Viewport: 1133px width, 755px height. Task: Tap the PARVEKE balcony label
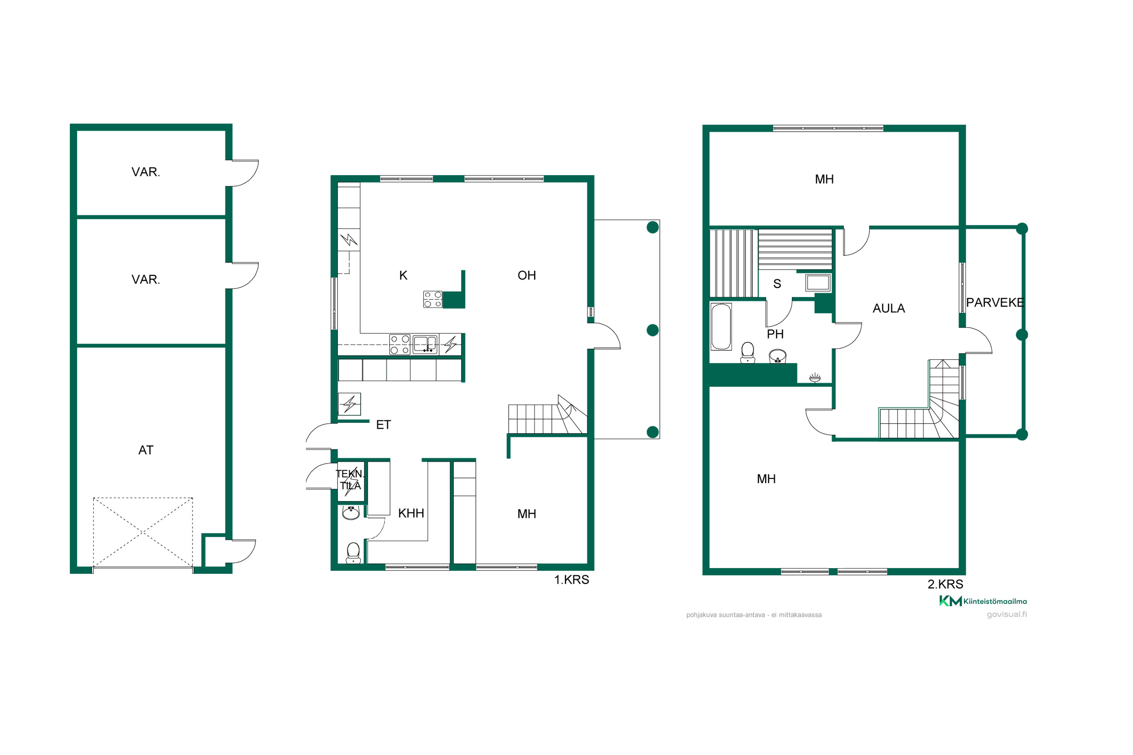click(995, 302)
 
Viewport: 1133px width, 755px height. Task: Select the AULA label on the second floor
click(889, 308)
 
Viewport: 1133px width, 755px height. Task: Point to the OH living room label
click(526, 276)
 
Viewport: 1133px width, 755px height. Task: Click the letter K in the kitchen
click(403, 276)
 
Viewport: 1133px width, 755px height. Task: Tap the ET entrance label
click(383, 425)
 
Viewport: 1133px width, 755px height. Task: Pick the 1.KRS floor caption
click(571, 580)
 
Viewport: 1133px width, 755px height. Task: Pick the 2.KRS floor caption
click(945, 584)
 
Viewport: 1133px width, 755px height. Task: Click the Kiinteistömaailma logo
click(983, 601)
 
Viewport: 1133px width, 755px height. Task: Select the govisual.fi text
click(1007, 615)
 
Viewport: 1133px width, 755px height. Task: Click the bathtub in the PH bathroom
click(721, 327)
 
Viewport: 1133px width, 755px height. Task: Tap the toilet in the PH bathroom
click(748, 352)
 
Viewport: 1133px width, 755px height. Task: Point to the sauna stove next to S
click(818, 283)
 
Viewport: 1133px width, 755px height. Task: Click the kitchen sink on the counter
click(425, 345)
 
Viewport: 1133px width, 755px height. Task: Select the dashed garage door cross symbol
click(143, 532)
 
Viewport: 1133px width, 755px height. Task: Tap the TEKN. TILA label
click(350, 479)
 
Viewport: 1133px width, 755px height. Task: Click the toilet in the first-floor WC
click(353, 553)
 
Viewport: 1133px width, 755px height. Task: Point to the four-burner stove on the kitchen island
click(432, 299)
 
